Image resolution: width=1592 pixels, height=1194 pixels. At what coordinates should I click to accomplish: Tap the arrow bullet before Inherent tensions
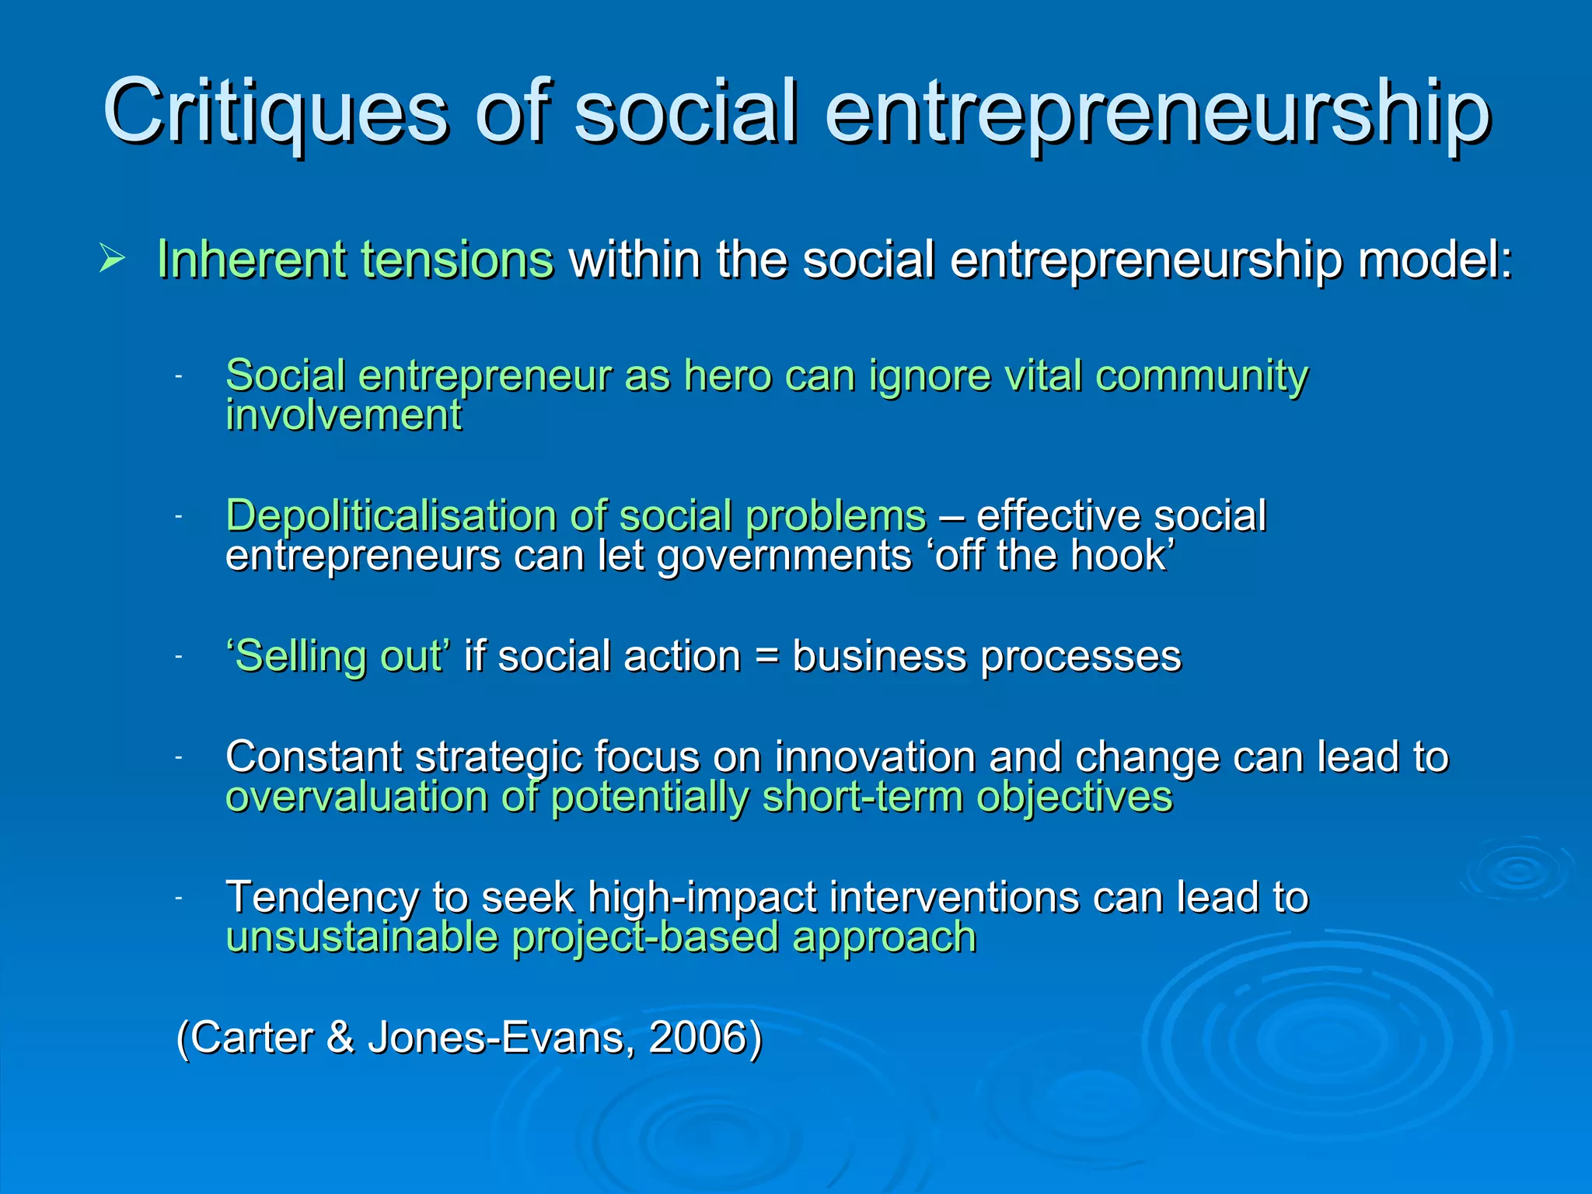coord(111,258)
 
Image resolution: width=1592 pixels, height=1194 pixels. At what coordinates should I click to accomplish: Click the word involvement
coord(344,415)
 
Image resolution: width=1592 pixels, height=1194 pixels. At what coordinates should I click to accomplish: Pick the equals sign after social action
coord(766,657)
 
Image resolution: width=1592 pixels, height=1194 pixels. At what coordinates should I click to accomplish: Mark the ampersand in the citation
coord(340,1037)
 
